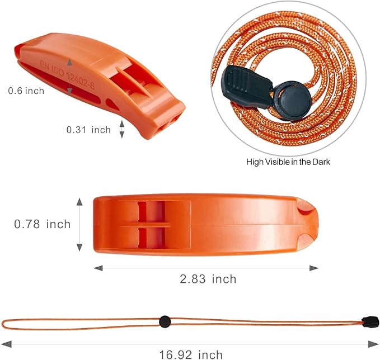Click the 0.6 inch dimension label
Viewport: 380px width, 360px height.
26,91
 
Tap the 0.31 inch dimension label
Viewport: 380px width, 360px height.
88,130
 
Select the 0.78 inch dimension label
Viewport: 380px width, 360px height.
43,224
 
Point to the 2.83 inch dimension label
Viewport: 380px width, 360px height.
208,279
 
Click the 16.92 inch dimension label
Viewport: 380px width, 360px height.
191,355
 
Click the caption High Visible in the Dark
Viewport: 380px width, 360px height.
288,162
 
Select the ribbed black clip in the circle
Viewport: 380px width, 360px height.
247,86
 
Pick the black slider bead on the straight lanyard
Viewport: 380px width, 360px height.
165,322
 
